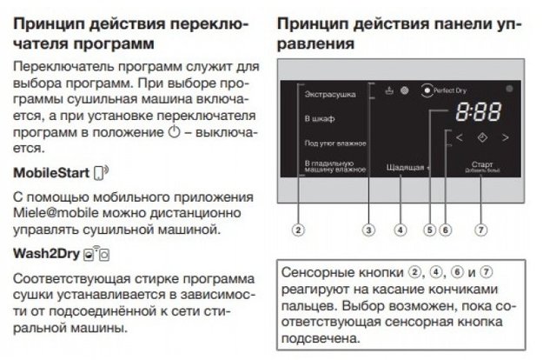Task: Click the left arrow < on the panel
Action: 459,137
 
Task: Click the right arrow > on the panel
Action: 505,137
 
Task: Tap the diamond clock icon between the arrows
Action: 482,137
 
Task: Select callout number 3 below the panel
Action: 369,230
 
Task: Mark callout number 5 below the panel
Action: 429,230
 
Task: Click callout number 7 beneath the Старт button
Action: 481,230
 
